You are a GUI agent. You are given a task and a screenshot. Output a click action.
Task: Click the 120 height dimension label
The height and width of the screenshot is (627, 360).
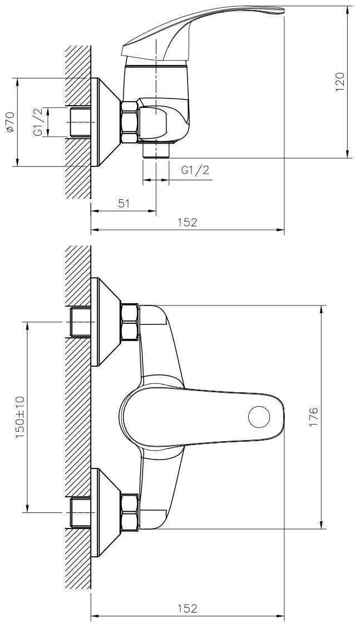(339, 82)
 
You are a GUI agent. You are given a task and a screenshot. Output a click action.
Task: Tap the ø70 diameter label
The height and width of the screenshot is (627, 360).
(11, 122)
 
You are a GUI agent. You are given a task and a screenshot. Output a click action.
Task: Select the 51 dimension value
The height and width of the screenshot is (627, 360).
(125, 204)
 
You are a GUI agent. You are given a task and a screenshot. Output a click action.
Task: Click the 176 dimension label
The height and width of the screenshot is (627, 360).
(313, 417)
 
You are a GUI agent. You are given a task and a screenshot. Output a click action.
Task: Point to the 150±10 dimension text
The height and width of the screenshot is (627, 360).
(20, 417)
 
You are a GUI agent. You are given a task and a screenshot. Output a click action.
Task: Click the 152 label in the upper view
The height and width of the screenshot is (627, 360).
(188, 223)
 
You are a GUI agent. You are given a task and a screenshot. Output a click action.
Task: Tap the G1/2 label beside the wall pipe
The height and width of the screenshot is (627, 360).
(37, 122)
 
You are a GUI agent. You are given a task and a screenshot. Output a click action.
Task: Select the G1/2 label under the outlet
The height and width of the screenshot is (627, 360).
(195, 170)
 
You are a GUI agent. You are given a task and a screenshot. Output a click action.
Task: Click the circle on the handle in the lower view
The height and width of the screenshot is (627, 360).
(259, 417)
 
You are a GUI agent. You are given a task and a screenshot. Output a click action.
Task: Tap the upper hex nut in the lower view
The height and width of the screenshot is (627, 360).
(130, 322)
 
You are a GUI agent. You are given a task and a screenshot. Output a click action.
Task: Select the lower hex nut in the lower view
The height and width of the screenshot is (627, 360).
(130, 512)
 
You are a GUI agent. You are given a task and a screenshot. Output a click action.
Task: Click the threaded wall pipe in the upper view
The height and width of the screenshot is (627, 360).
(80, 122)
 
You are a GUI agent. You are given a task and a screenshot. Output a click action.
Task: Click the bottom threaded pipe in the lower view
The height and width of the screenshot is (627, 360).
(80, 512)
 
